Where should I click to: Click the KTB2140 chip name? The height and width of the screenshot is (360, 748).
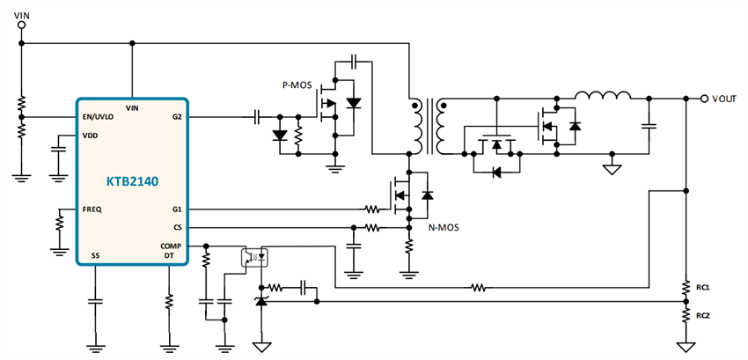131,181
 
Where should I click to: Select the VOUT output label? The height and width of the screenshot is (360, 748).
726,99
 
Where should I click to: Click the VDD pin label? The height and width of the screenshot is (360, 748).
90,136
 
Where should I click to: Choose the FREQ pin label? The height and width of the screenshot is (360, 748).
92,209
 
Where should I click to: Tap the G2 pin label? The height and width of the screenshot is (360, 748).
176,116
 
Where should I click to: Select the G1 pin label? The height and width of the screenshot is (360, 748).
176,209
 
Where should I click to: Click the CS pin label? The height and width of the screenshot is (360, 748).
177,227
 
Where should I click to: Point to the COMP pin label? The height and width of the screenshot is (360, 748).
171,246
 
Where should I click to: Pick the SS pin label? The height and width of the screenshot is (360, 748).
94,255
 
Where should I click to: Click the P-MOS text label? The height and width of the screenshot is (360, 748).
296,85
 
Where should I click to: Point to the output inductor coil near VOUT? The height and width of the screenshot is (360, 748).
603,95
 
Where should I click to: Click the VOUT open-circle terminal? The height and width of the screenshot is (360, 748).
704,99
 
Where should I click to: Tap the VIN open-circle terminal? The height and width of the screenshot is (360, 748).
22,25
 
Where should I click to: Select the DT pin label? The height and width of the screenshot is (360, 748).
170,255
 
